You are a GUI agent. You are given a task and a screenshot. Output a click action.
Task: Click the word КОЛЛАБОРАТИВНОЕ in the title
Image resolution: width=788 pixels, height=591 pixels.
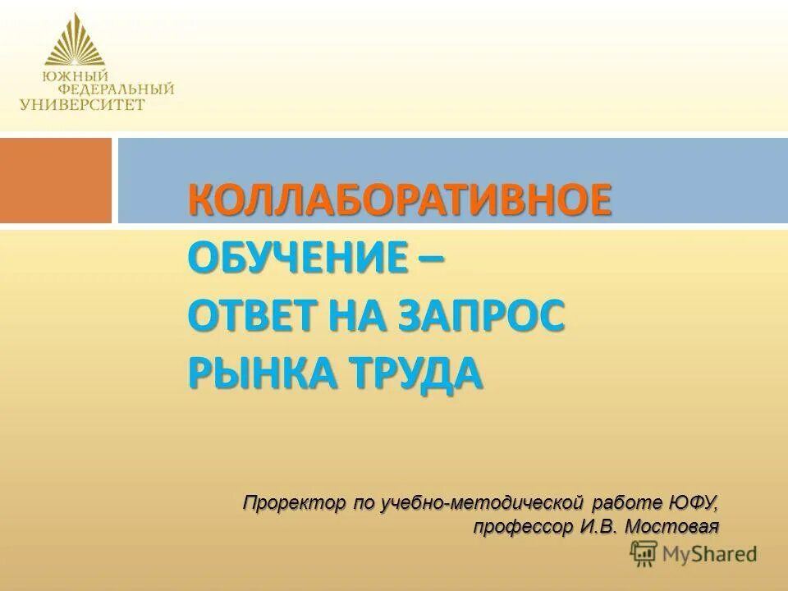[400, 201]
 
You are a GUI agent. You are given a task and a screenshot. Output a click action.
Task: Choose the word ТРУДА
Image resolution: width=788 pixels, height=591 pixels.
[420, 373]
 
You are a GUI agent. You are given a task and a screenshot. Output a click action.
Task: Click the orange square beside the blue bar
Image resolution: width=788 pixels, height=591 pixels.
[55, 180]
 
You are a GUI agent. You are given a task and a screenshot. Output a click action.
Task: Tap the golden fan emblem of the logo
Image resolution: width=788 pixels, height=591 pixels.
[75, 43]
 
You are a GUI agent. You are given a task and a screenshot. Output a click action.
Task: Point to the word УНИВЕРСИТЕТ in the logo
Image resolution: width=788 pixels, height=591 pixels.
[82, 104]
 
